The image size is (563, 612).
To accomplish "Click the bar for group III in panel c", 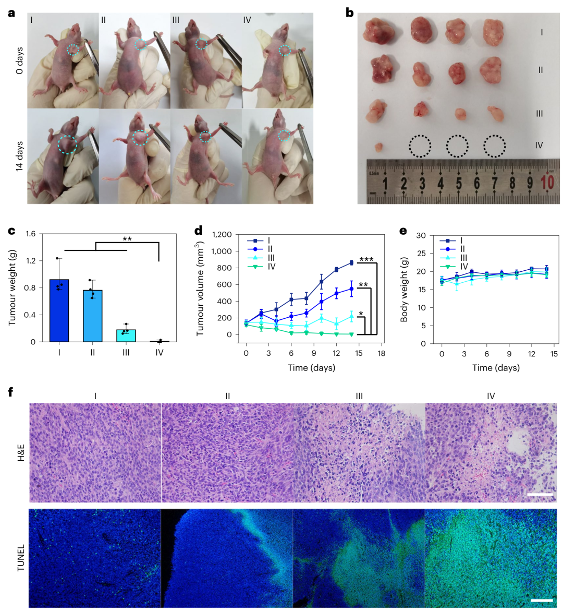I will [126, 335].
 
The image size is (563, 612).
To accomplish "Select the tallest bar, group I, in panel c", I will [59, 311].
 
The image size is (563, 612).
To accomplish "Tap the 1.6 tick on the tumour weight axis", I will [30, 234].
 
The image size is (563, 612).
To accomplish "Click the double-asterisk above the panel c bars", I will [127, 239].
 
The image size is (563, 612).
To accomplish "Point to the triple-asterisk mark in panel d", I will [366, 259].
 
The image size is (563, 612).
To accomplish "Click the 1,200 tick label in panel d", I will [223, 235].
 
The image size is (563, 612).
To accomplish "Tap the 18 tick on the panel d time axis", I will [382, 353].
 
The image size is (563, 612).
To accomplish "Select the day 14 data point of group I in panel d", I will [351, 262].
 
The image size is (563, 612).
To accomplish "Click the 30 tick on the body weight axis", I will [421, 236].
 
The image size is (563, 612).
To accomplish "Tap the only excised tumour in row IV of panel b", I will [379, 147].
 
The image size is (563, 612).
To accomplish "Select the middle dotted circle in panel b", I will [457, 146].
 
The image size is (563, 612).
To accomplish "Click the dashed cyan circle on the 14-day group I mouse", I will [67, 145].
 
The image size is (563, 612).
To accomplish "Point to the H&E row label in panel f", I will [21, 452].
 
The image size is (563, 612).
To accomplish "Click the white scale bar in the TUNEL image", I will [541, 600].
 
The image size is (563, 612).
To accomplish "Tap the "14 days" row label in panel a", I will [19, 156].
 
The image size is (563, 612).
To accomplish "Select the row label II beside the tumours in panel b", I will [541, 69].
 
